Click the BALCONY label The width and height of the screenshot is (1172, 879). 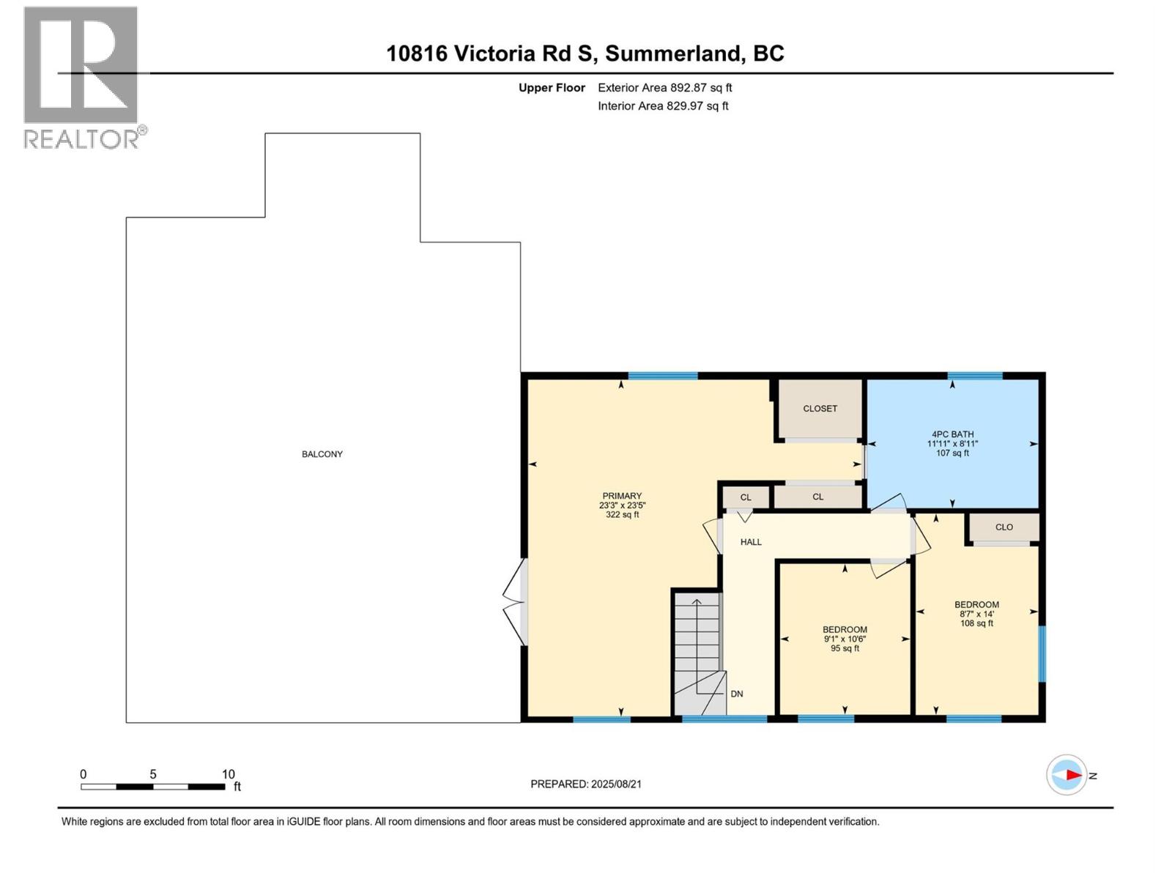[322, 454]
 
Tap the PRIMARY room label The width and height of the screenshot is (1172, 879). [622, 496]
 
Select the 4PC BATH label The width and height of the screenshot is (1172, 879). [952, 434]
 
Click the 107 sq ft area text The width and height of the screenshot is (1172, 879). [952, 453]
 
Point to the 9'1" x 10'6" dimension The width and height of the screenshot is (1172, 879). [845, 639]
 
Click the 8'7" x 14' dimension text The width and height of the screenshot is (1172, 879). [976, 614]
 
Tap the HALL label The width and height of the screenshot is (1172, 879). [751, 542]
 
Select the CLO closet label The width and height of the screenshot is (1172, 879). [1004, 527]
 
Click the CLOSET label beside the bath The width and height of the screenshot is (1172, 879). [820, 409]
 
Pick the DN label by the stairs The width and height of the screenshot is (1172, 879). [737, 694]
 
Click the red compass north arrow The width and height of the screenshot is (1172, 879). [1072, 775]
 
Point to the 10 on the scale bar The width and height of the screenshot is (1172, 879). [228, 774]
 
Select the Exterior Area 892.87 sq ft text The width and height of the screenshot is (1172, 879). [664, 88]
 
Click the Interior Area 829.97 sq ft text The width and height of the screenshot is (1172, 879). [663, 105]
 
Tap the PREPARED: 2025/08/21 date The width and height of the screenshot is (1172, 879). [586, 784]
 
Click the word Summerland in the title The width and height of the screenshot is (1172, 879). [672, 53]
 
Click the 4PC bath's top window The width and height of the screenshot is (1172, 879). [974, 376]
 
